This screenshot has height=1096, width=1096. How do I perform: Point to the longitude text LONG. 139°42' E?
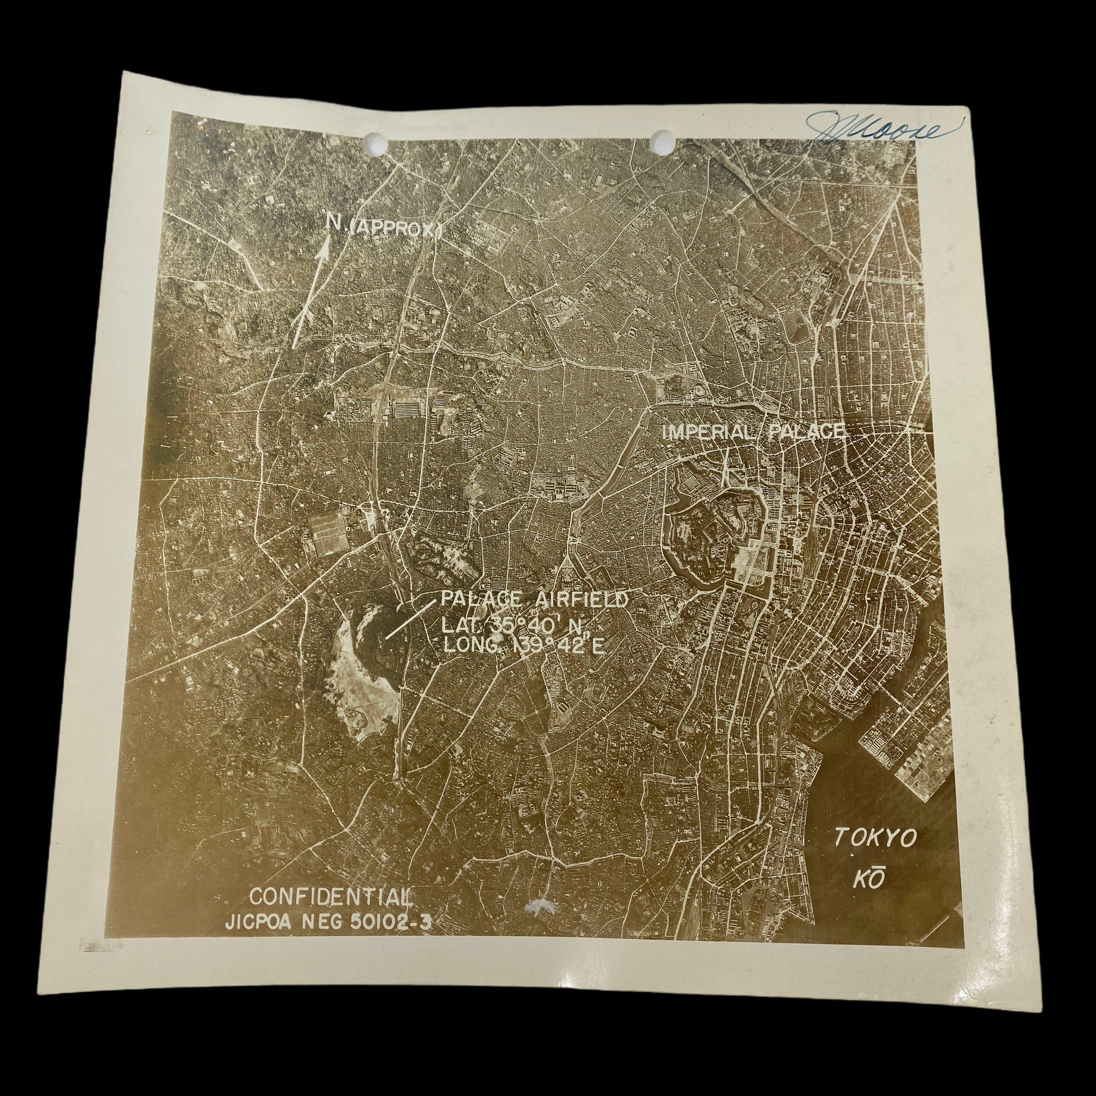(x=522, y=647)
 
